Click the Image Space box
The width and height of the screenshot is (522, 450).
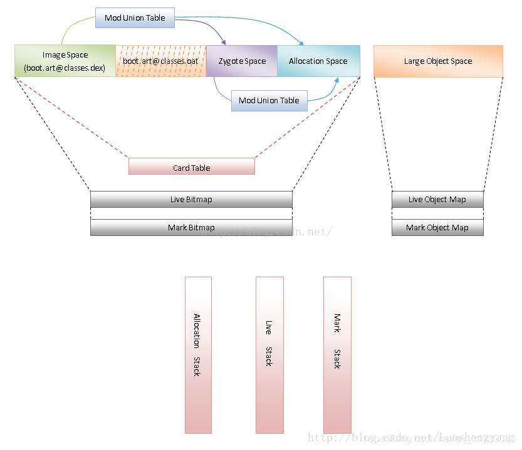[65, 61]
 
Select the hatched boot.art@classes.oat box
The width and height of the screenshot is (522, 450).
[160, 61]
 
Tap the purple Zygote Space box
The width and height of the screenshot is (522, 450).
[242, 61]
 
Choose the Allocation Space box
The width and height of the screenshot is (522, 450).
[318, 61]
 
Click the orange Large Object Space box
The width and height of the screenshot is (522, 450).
[438, 61]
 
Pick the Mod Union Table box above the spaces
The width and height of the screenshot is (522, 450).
[135, 18]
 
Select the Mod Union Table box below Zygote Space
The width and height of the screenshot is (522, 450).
[269, 100]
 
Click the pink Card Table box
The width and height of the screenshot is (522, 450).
[192, 166]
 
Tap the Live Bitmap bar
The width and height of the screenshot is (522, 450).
[191, 200]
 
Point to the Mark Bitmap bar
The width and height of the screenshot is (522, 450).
[191, 228]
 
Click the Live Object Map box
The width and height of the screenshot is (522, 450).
[437, 200]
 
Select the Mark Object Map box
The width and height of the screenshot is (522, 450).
[437, 228]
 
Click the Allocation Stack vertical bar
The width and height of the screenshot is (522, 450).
[198, 355]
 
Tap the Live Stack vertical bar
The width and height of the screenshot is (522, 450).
[269, 355]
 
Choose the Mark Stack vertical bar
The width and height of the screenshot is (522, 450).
[337, 355]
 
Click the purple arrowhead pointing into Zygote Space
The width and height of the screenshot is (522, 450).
[224, 42]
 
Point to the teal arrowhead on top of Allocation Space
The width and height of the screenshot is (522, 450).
[302, 43]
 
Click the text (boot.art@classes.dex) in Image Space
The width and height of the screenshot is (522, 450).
[65, 68]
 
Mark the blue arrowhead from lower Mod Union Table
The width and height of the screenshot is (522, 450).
[337, 80]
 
